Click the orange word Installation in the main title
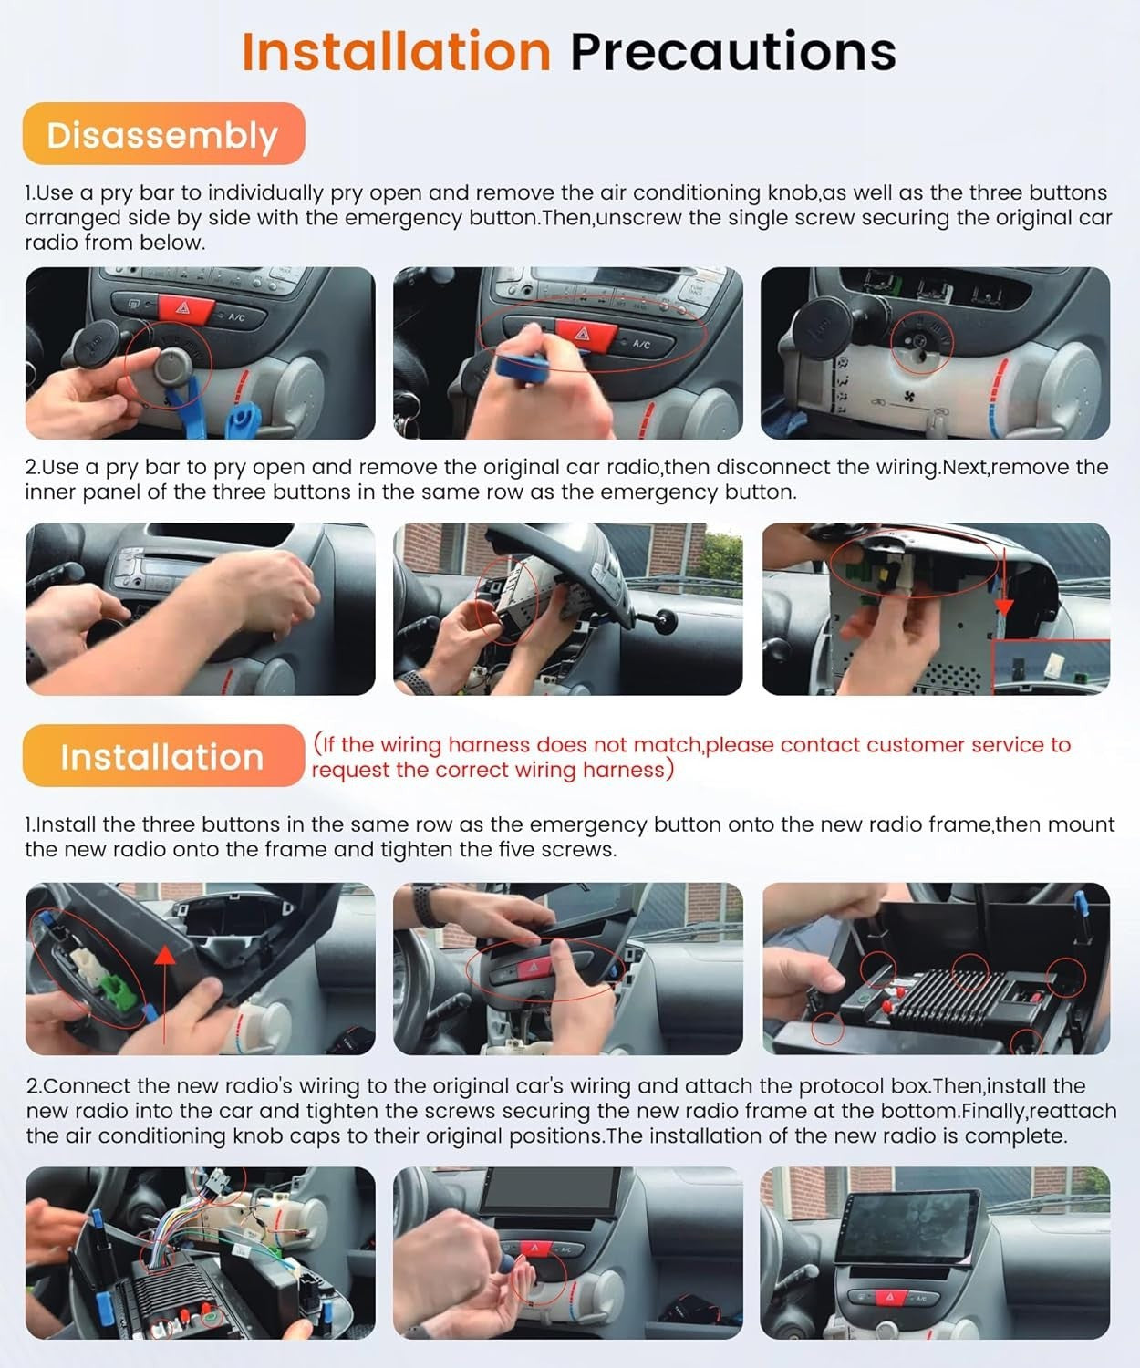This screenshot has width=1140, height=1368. click(397, 51)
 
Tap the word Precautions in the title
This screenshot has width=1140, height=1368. click(733, 51)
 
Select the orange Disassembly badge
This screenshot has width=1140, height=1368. click(164, 134)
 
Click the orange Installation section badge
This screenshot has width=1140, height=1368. click(164, 755)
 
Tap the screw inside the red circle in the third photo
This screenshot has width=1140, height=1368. click(920, 341)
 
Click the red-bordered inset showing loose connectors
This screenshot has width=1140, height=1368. click(1051, 667)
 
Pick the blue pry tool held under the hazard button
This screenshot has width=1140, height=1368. click(518, 362)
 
